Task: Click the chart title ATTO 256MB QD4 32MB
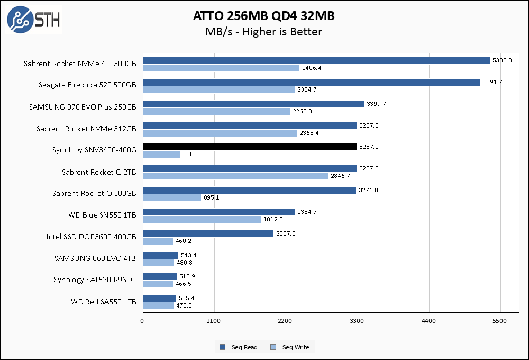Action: tap(264, 16)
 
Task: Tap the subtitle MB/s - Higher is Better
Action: tap(264, 32)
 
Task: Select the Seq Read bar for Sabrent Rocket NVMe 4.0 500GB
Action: tap(316, 60)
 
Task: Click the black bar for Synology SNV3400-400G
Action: tap(249, 147)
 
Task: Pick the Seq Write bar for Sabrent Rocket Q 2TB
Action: tap(235, 176)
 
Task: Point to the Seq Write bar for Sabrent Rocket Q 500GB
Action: tap(172, 197)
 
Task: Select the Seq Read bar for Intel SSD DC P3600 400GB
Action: tap(208, 233)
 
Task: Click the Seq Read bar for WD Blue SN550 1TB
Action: tap(218, 212)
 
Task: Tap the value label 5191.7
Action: tap(494, 82)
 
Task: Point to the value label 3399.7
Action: tap(377, 104)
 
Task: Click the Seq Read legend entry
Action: tap(239, 347)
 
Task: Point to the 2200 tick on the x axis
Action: tap(286, 321)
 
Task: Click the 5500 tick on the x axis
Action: tap(500, 321)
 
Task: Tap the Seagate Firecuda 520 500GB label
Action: tap(87, 85)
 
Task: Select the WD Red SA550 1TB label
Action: tap(103, 302)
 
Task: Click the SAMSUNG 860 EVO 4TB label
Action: tap(95, 258)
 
